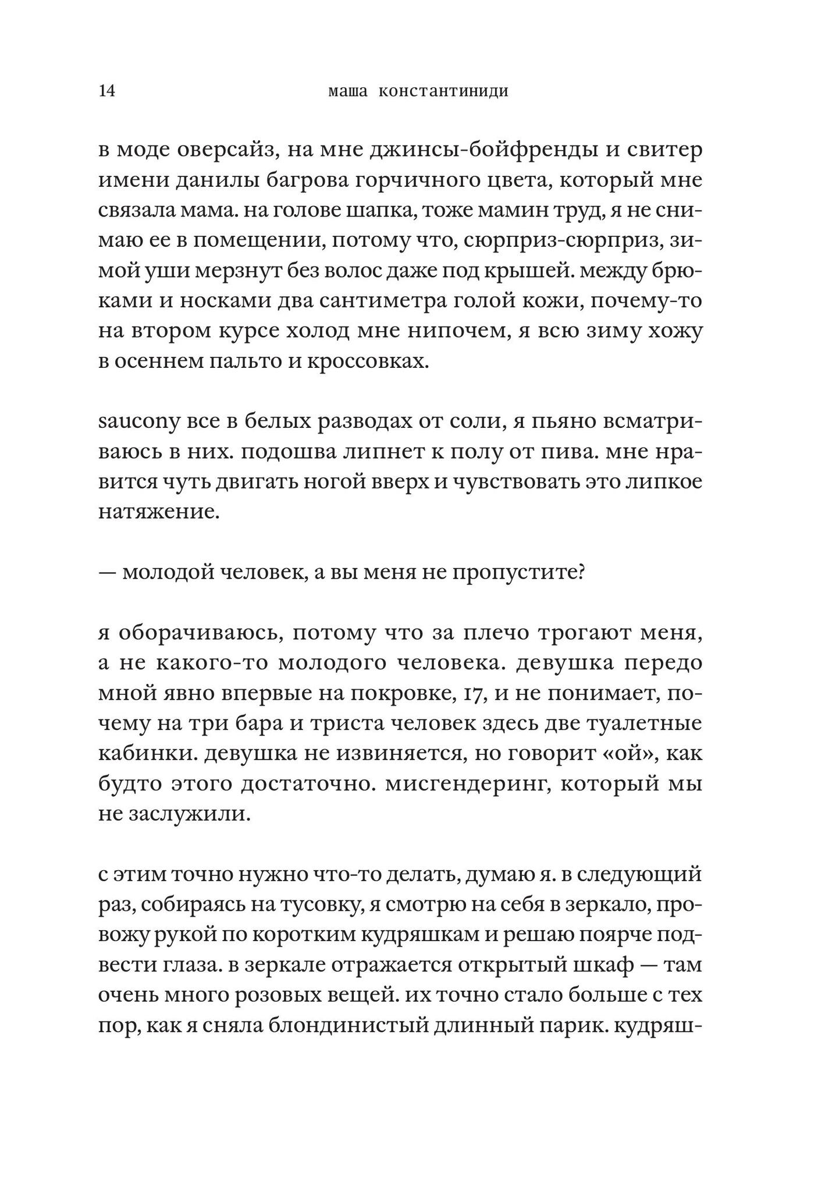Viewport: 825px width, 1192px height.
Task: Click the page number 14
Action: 107,91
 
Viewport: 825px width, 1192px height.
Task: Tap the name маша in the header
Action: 348,91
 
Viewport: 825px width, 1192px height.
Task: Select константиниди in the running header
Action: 443,91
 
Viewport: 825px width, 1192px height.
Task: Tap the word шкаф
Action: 604,966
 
